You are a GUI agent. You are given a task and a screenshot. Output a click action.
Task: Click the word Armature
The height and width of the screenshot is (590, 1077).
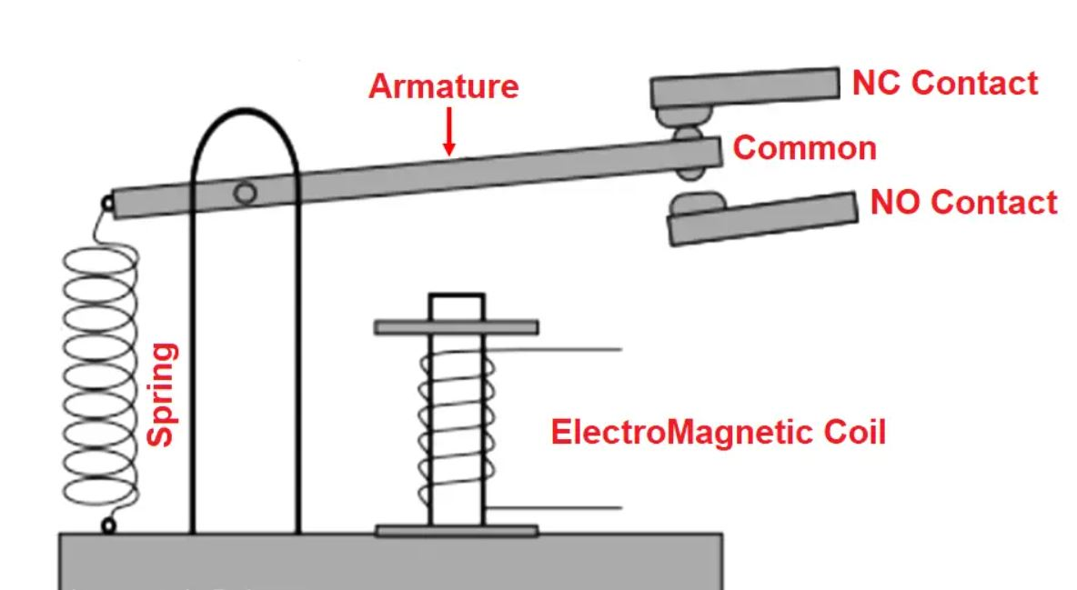tap(443, 86)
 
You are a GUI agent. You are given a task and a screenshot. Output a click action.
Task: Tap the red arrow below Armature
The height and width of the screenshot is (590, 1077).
tap(448, 133)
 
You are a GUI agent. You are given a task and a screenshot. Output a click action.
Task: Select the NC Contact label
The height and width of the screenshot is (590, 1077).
tap(944, 83)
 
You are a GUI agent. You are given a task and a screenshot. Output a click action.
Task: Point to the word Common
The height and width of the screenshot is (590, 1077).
tap(804, 147)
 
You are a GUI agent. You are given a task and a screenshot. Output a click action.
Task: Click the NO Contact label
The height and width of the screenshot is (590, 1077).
tap(963, 202)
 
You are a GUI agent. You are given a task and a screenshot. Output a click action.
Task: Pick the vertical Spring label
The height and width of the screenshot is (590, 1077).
tap(162, 394)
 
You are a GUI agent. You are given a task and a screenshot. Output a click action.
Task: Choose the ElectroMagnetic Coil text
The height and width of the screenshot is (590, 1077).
tap(718, 431)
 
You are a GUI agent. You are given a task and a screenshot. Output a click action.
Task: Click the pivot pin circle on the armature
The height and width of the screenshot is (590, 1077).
tap(244, 193)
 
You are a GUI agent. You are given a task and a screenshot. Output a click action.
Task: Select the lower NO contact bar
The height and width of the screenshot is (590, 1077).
tap(764, 220)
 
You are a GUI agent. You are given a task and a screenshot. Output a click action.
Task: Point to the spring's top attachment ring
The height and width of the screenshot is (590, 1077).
tap(107, 204)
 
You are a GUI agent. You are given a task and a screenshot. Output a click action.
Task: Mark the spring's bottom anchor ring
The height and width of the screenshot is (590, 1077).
tap(108, 525)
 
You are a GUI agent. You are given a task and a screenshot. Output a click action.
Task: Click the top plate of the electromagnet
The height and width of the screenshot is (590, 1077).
tap(456, 326)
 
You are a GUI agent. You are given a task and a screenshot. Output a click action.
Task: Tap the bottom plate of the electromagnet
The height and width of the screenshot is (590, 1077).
tap(456, 530)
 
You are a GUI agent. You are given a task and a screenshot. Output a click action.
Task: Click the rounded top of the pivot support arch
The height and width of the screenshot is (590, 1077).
tap(244, 114)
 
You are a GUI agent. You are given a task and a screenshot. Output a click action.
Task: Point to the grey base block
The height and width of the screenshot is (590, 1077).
tap(391, 562)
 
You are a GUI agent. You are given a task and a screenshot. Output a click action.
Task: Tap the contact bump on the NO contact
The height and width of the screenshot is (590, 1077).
tap(697, 200)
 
